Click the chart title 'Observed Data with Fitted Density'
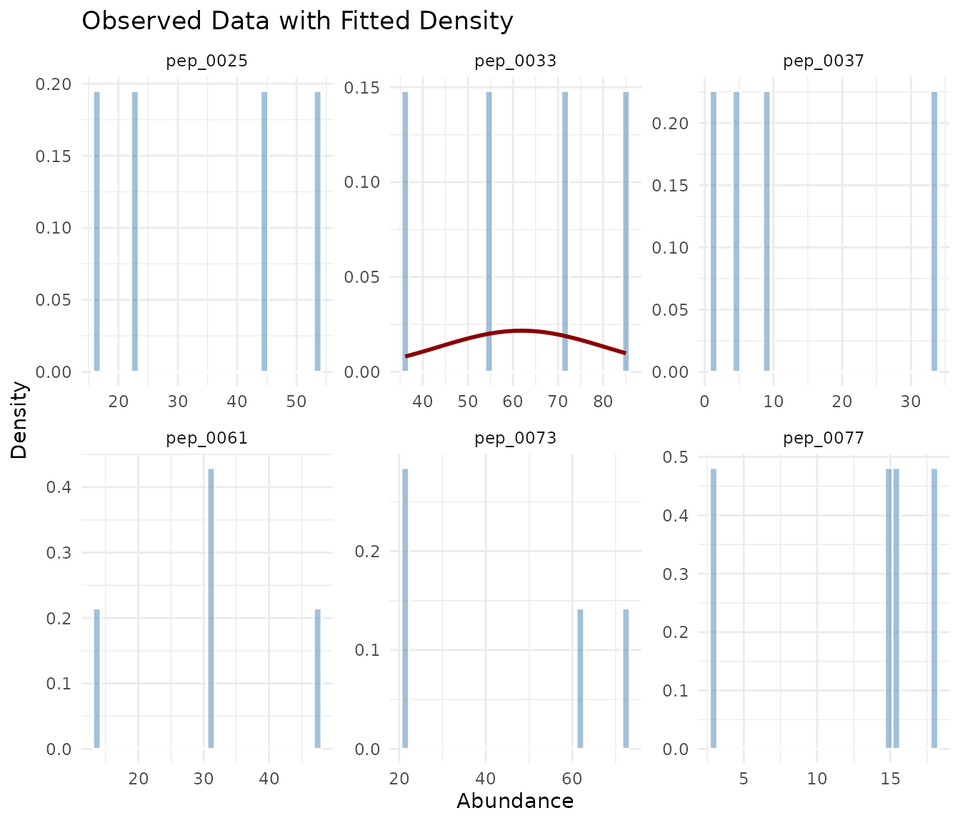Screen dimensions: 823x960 (297, 21)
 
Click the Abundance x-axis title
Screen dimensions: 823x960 (515, 801)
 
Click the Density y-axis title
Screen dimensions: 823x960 (20, 420)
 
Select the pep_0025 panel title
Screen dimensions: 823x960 (207, 61)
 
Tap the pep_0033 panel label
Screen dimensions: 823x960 (516, 61)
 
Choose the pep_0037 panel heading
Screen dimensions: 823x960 (824, 61)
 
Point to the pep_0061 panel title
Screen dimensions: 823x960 (207, 438)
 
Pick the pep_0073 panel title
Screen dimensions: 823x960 (516, 438)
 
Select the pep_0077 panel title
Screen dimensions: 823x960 (824, 438)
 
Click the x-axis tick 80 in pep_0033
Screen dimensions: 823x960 (603, 401)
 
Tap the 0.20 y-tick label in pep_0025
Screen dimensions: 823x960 (54, 84)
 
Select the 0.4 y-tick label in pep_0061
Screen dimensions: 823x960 (62, 487)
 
